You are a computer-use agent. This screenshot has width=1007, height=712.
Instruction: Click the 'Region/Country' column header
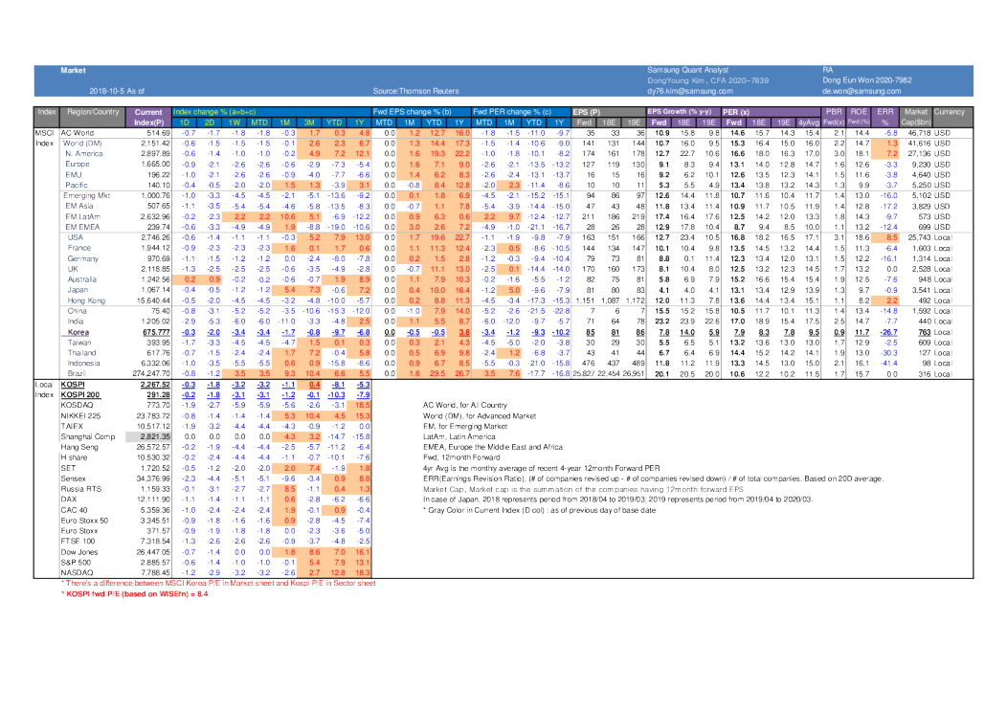93,112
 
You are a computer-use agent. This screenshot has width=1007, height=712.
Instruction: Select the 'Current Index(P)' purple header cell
148,117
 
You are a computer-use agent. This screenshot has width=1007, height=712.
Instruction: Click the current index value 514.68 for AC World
157,132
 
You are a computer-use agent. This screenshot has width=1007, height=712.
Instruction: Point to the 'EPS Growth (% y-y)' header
683,112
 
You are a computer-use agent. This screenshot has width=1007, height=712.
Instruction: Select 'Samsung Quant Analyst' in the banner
687,71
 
